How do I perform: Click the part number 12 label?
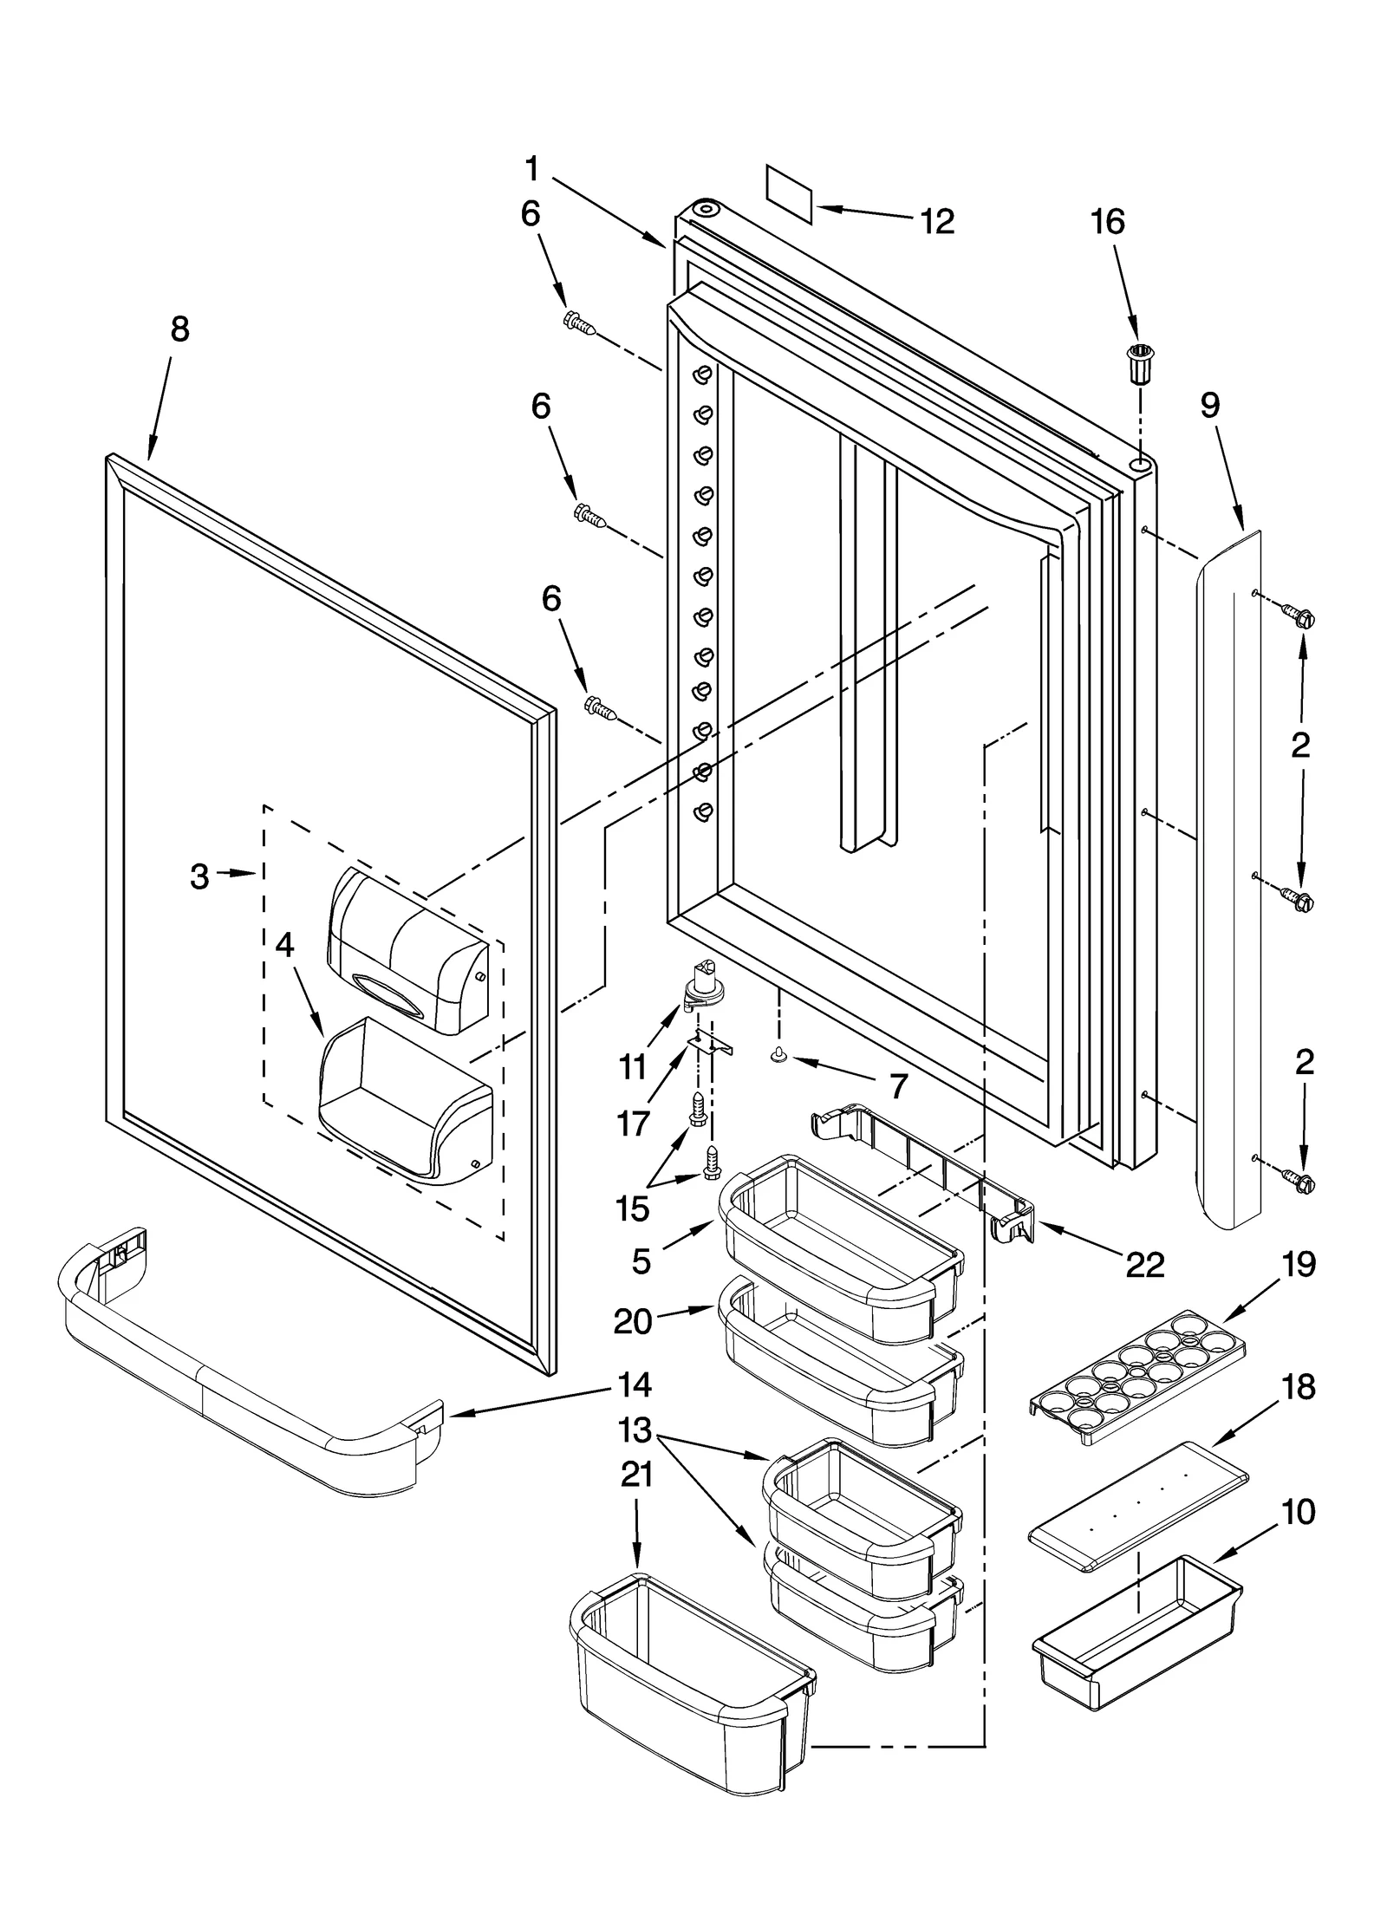pos(937,222)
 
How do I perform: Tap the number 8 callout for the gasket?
pos(179,329)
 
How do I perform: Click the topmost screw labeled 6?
pos(579,324)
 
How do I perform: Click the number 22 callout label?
pos(1143,1265)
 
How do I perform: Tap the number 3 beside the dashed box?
pos(199,876)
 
